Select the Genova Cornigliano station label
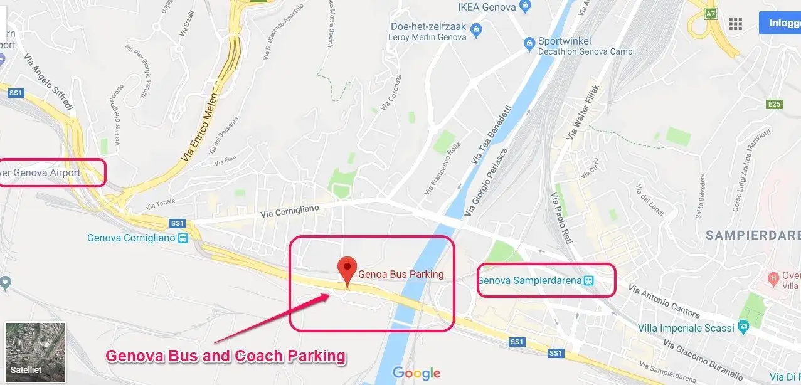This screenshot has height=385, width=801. [x=131, y=238]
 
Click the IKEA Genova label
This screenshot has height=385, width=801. [x=487, y=8]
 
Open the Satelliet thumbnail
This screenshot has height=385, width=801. [x=35, y=352]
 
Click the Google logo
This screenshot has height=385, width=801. [x=416, y=374]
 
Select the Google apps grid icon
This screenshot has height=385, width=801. [x=735, y=24]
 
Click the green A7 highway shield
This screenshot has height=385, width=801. [x=710, y=13]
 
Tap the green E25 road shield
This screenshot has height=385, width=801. [x=774, y=104]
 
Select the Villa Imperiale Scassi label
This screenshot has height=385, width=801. [x=686, y=328]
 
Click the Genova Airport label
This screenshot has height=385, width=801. [x=44, y=172]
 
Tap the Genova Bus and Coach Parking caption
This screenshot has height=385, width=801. [x=225, y=356]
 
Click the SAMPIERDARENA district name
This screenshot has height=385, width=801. [x=753, y=235]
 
